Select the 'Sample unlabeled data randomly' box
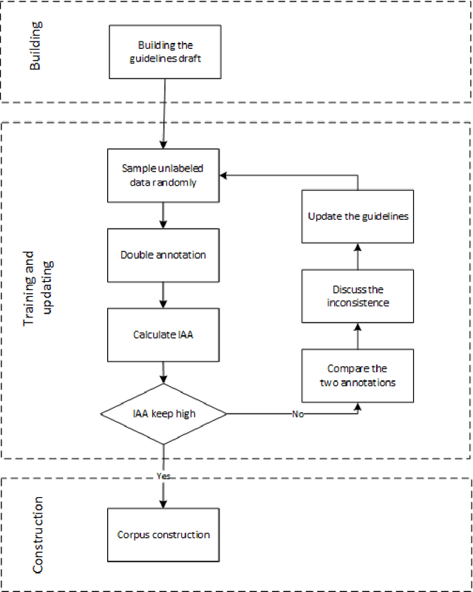tap(163, 176)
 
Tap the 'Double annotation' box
tap(163, 255)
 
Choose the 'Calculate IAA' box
tap(163, 334)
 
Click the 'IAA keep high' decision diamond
tap(163, 414)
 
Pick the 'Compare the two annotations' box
tap(358, 375)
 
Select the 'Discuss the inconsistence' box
tap(358, 296)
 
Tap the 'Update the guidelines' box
tap(358, 216)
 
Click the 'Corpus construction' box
tap(163, 534)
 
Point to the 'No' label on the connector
tap(298, 414)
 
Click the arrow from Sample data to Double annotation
tap(163, 215)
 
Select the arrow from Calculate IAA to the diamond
tap(163, 373)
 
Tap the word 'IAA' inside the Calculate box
tap(183, 334)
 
